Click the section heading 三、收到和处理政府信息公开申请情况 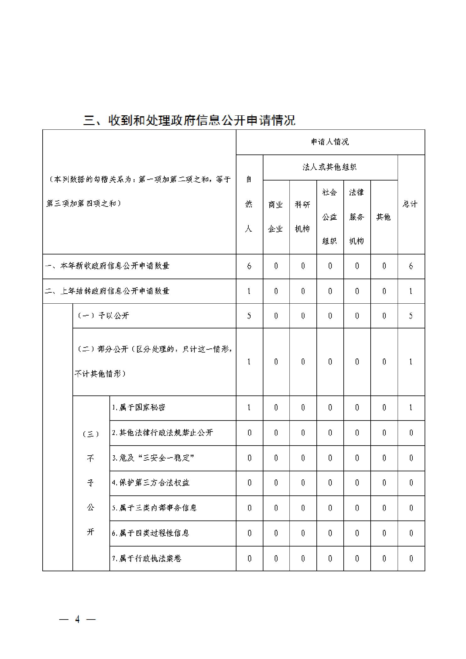pos(189,120)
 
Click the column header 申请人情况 pos(330,142)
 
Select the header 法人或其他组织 pos(330,167)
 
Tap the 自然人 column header pos(249,204)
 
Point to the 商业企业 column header pos(276,217)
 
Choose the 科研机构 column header pos(303,217)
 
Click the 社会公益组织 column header pos(330,217)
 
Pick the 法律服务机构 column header pos(357,217)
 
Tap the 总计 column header pos(410,204)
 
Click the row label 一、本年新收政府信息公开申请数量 pos(107,266)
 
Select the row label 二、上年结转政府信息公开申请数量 pos(107,291)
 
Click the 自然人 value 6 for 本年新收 pos(249,266)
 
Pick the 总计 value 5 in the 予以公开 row pos(411,316)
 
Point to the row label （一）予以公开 pos(103,316)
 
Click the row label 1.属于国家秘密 pos(139,408)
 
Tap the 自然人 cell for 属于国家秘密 pos(249,408)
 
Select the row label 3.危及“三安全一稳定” pos(153,458)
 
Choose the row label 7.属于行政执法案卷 pos(147,558)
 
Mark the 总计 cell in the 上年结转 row pos(411,291)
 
